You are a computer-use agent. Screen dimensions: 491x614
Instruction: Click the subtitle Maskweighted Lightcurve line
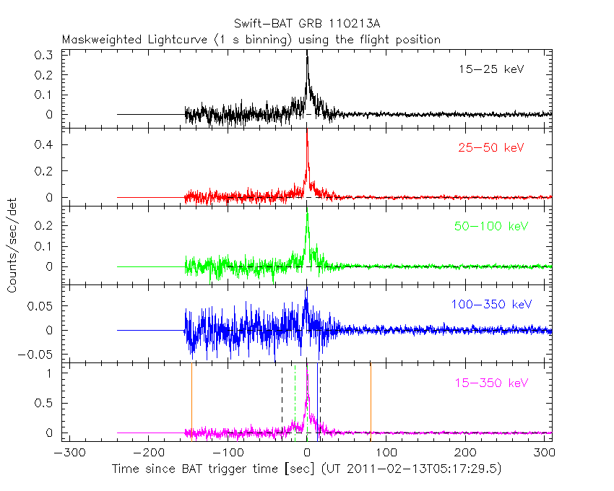pos(251,40)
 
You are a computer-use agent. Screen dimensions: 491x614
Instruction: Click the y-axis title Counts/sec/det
pos(12,246)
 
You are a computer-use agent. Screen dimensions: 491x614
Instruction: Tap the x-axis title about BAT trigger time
pos(306,469)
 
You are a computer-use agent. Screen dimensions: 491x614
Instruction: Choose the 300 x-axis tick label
pos(545,453)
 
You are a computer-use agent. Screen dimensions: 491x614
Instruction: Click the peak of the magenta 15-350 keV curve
pos(308,366)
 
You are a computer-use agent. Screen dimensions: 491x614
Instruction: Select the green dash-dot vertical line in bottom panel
pos(295,404)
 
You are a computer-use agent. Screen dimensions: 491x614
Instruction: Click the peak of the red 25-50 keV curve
pos(307,131)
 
